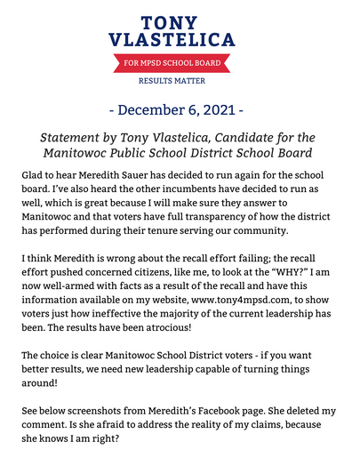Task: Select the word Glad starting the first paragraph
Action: click(x=34, y=177)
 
